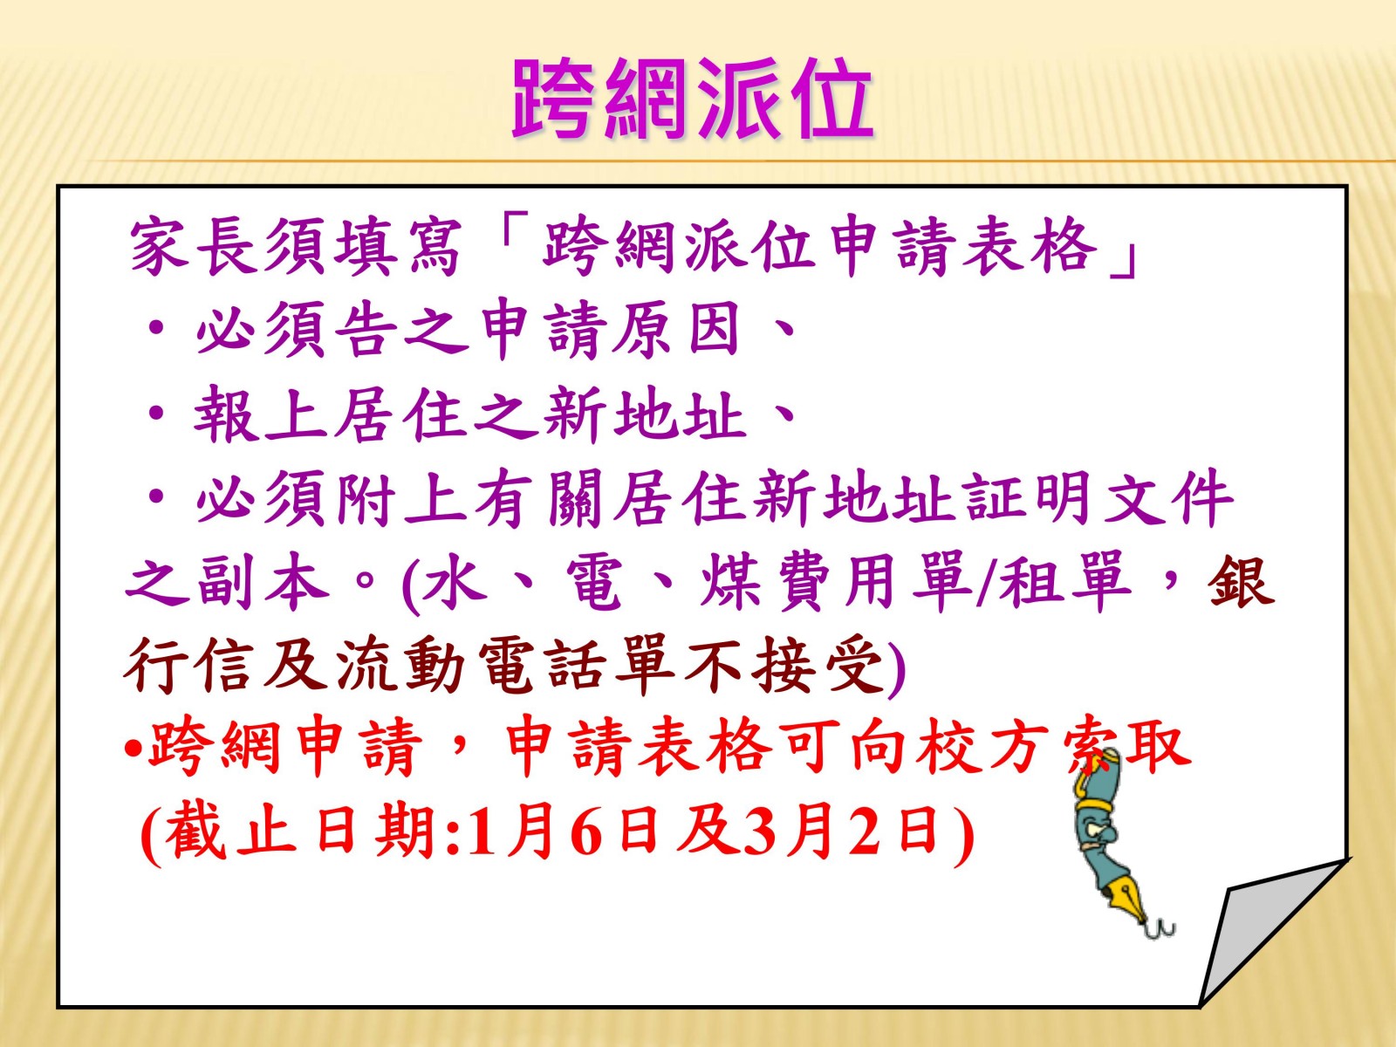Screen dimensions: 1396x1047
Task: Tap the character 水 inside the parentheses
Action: click(x=455, y=582)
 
